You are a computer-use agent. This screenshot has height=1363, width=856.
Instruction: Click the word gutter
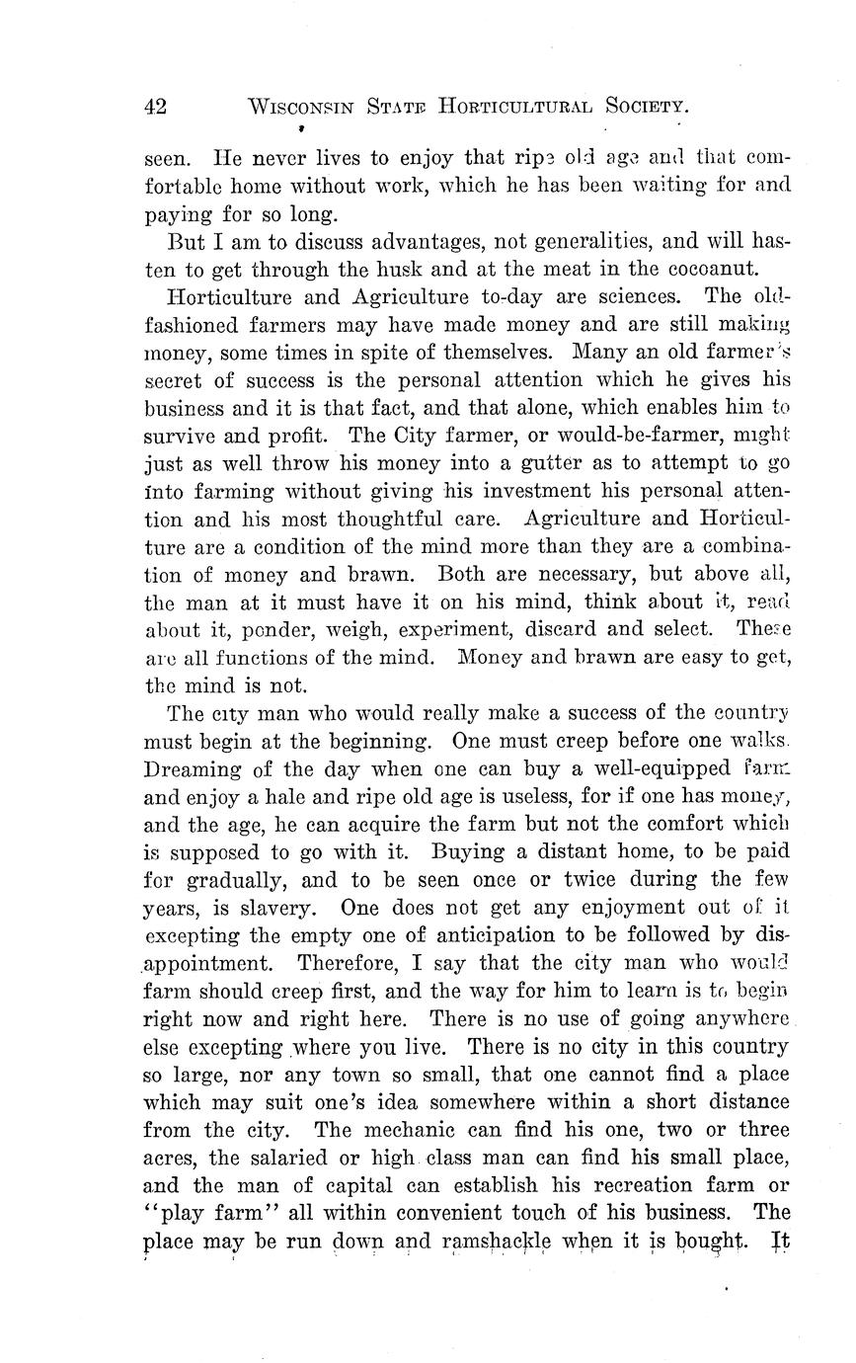[x=512, y=462]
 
